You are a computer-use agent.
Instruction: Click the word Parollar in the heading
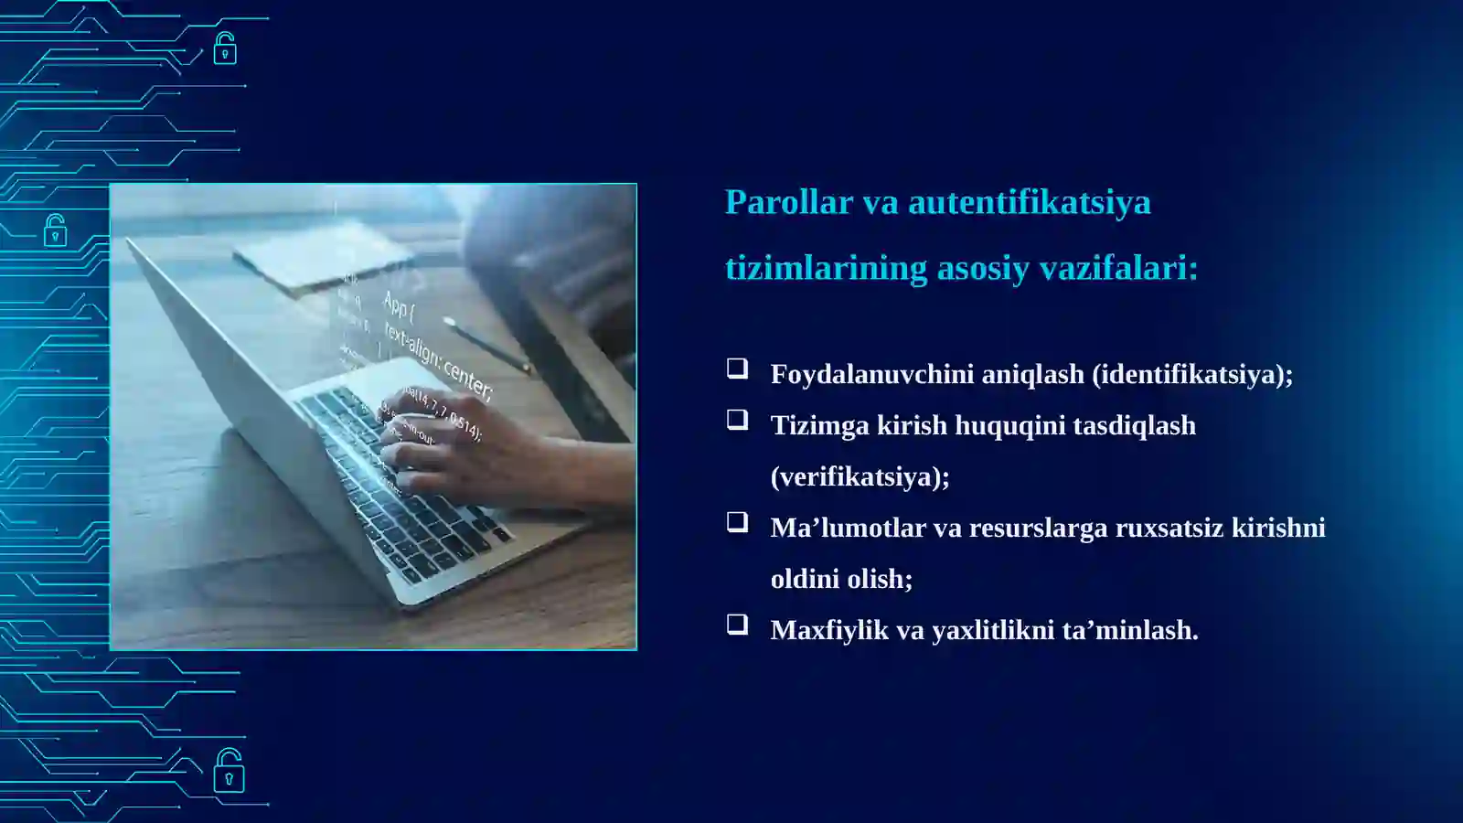(788, 202)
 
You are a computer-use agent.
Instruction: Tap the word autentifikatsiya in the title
(1029, 202)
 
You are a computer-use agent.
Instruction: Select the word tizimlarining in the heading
(826, 268)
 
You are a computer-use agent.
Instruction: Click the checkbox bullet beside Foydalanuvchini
(737, 369)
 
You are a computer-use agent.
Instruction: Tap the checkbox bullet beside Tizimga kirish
(737, 420)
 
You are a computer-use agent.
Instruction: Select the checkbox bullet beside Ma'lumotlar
(737, 522)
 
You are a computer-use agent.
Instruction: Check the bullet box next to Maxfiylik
(737, 625)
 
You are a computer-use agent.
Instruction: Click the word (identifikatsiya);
(1192, 374)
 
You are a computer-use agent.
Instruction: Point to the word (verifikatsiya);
(860, 476)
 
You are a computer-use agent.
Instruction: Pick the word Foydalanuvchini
(871, 374)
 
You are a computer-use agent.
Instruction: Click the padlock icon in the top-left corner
(225, 48)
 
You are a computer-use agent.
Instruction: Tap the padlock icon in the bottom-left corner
(229, 771)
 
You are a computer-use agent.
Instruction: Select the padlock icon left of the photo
(55, 231)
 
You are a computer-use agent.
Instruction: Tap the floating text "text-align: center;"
(439, 362)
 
